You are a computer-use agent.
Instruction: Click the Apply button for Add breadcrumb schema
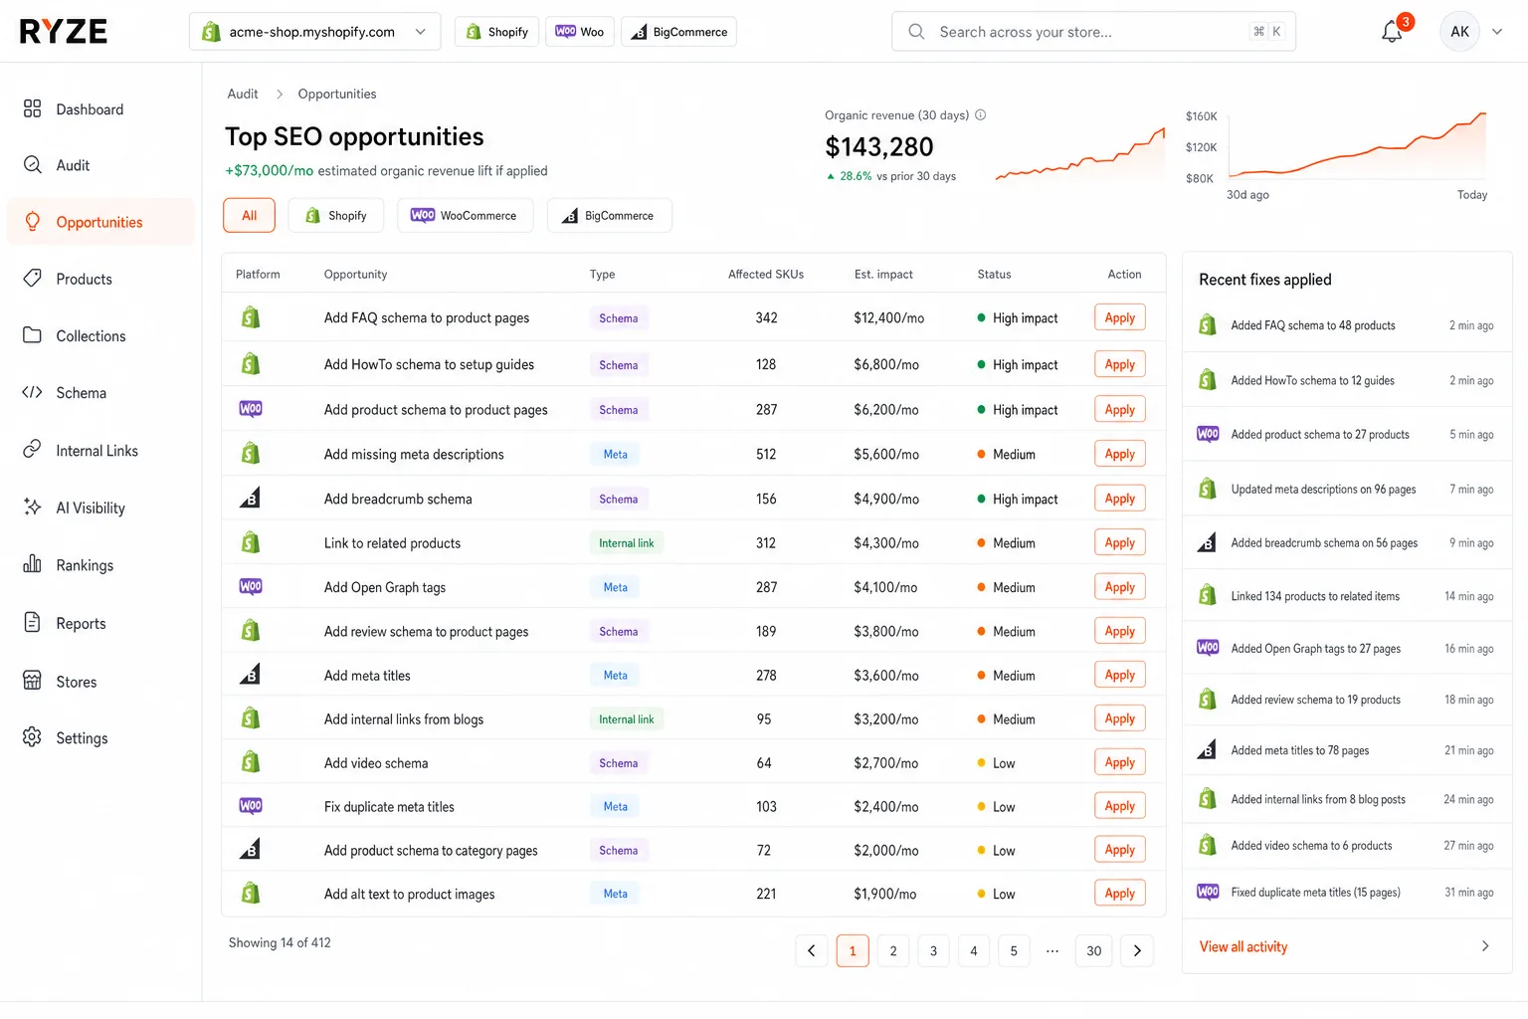tap(1119, 499)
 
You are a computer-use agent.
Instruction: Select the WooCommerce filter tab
tap(465, 216)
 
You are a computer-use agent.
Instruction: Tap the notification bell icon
tap(1392, 32)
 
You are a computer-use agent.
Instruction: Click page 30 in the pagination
tap(1093, 950)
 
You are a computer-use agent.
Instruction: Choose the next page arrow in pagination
tap(1137, 950)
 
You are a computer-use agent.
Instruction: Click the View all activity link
tap(1242, 946)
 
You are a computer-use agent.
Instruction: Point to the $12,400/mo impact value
tap(888, 318)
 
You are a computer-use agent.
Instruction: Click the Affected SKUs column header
tap(765, 275)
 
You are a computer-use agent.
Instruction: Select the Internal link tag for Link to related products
tap(626, 543)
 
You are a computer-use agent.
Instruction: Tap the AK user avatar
tap(1459, 32)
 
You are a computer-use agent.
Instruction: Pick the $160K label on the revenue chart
tap(1201, 116)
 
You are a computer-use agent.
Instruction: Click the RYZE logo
tap(64, 32)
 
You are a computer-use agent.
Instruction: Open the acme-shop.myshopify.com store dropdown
tap(314, 32)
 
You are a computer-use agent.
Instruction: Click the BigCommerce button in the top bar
tap(678, 32)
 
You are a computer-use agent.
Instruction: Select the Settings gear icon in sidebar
tap(32, 737)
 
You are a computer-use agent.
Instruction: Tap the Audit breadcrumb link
tap(242, 95)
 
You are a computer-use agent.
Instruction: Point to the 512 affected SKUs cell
tap(765, 455)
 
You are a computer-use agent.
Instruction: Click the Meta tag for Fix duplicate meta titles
tap(616, 807)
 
